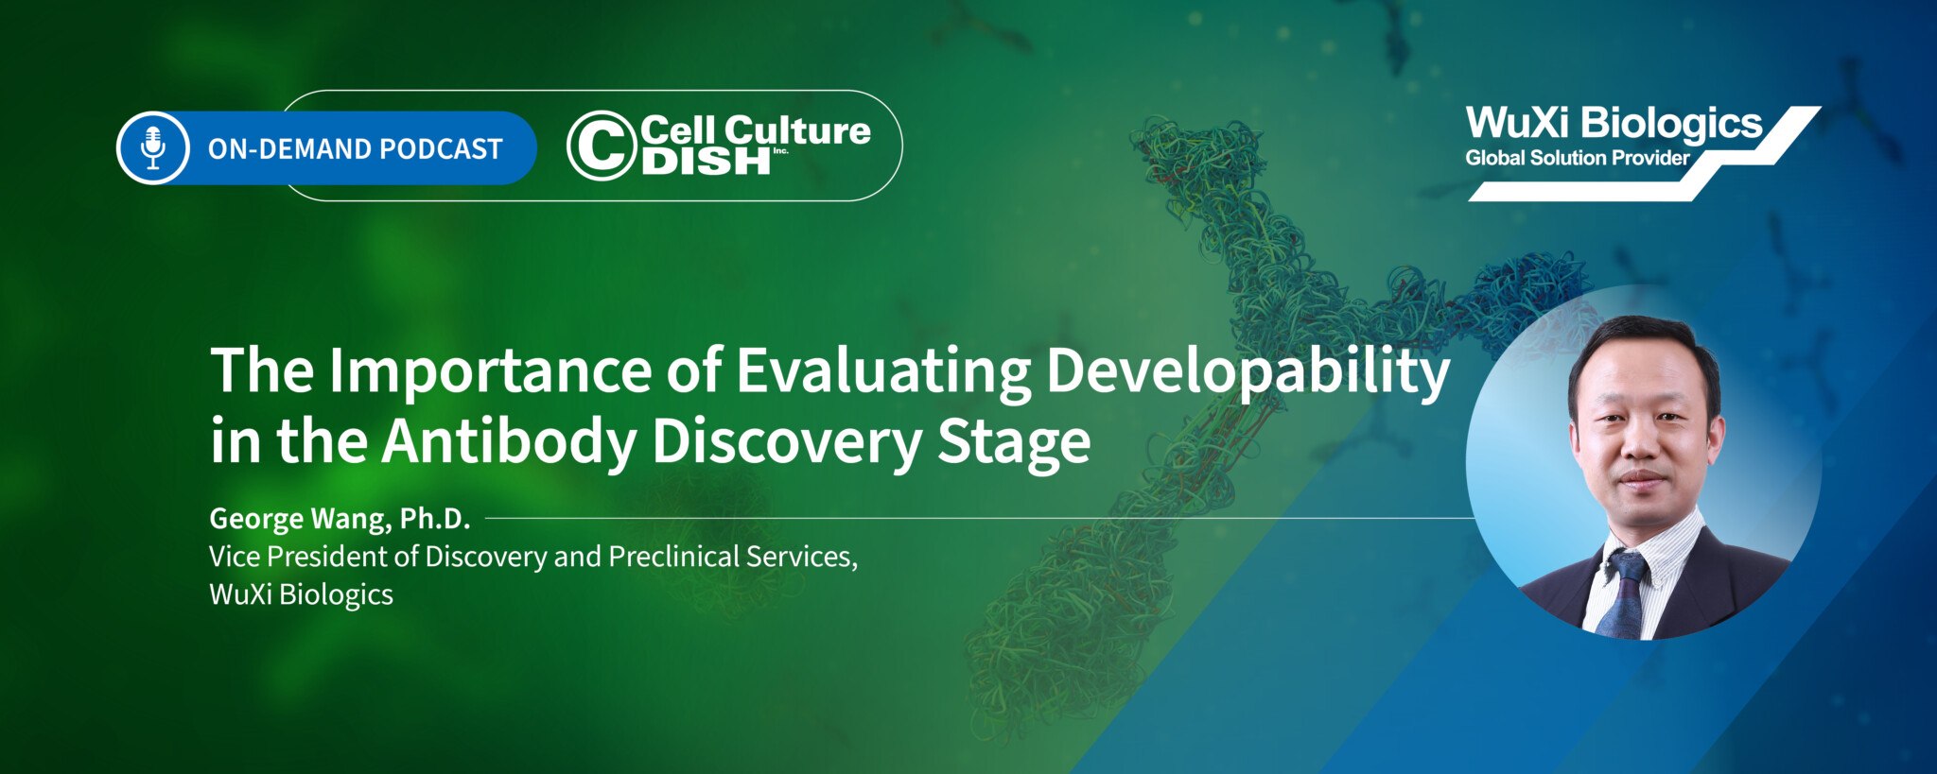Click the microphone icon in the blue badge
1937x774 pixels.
(x=153, y=147)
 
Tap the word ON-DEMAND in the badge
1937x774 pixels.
(x=289, y=149)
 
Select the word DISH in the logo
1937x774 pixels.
(x=706, y=163)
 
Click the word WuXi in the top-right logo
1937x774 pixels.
(x=1517, y=123)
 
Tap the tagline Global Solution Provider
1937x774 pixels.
(x=1577, y=158)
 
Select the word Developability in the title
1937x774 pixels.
(x=1248, y=370)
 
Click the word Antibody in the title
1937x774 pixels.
(x=510, y=441)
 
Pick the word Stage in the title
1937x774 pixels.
(x=1013, y=441)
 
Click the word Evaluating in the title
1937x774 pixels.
(x=883, y=370)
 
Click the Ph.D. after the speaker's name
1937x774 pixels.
(x=434, y=519)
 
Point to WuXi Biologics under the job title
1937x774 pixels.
(x=301, y=594)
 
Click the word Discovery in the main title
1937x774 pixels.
(x=786, y=441)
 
